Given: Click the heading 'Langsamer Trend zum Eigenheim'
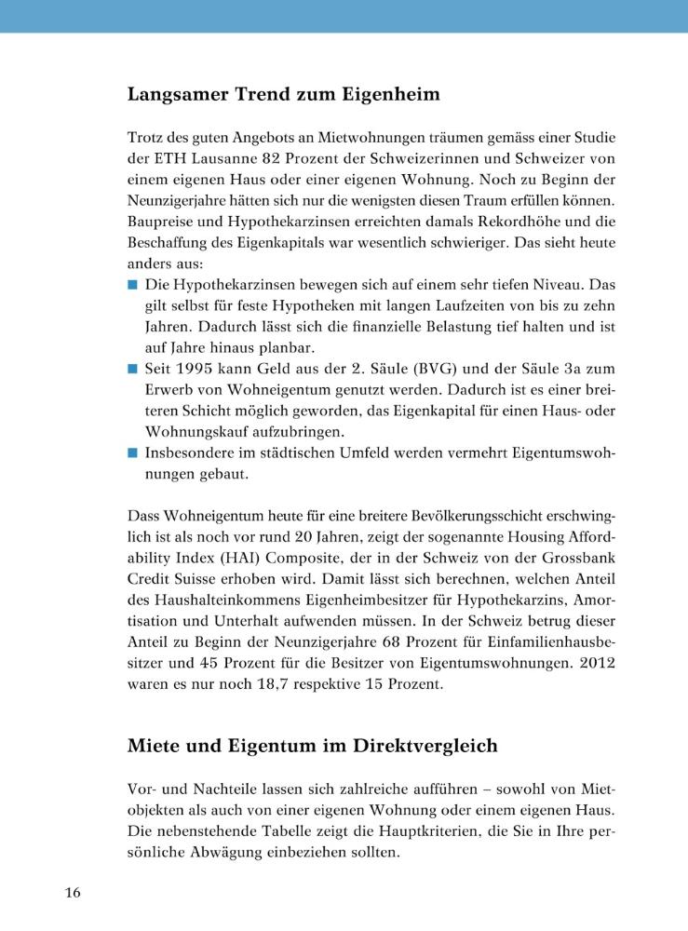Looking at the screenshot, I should (x=283, y=95).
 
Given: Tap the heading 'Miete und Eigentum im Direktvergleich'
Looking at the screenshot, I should (x=312, y=746).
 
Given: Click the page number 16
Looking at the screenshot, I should (x=73, y=894).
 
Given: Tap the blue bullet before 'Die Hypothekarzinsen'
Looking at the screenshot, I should (x=133, y=282).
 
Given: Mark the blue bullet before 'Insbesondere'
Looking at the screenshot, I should (x=133, y=453).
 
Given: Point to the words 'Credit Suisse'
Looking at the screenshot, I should (x=171, y=601).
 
